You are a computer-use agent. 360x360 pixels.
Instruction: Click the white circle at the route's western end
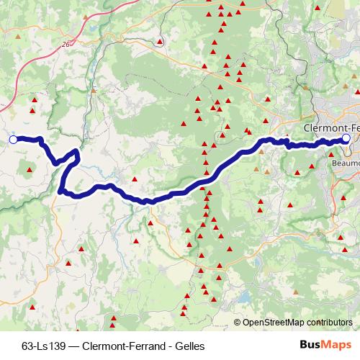pyautogui.click(x=13, y=139)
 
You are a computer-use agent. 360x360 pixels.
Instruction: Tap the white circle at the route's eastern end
pyautogui.click(x=346, y=138)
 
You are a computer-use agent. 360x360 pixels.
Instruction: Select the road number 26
pyautogui.click(x=66, y=45)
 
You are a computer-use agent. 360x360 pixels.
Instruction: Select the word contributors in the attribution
pyautogui.click(x=330, y=323)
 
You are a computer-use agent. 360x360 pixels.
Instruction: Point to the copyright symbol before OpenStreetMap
pyautogui.click(x=237, y=323)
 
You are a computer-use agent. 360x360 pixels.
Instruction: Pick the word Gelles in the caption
pyautogui.click(x=190, y=346)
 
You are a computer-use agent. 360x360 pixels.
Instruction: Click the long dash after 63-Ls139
pyautogui.click(x=74, y=346)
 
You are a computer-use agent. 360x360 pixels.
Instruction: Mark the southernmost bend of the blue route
pyautogui.click(x=147, y=202)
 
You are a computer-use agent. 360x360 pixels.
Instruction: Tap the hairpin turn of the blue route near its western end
pyautogui.click(x=76, y=153)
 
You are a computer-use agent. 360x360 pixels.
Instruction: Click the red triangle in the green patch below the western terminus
pyautogui.click(x=30, y=171)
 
